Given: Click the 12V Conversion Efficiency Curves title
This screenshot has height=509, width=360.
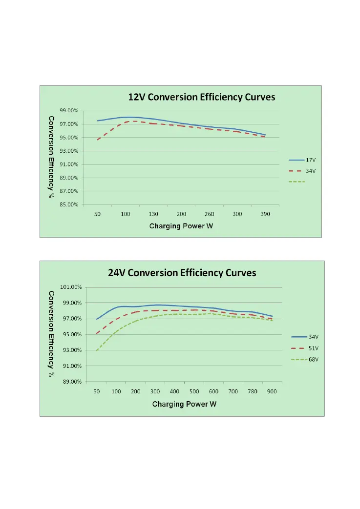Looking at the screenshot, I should coord(201,97).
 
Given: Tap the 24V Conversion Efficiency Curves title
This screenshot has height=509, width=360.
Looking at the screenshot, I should coord(182,273).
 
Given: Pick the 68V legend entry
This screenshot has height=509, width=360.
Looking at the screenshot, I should coord(313,359).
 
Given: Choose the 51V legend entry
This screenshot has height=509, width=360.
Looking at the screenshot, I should coord(313,348).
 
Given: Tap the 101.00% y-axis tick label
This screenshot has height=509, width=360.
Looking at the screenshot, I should coord(71,287).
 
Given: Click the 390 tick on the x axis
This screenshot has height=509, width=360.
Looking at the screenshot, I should coord(265,214).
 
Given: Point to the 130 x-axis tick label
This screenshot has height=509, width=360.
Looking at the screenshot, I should coord(153,214).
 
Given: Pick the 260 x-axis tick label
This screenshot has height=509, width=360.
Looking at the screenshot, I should coord(209,214).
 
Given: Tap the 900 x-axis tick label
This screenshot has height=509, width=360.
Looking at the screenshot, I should coord(272,391).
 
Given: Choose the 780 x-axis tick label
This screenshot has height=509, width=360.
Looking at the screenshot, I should coord(252,391).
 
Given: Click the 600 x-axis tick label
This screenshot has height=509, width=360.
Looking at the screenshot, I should coord(213,391).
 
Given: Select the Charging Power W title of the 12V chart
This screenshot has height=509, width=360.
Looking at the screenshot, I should coord(181,226).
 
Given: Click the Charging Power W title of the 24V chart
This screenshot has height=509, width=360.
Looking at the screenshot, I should coord(184,404).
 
